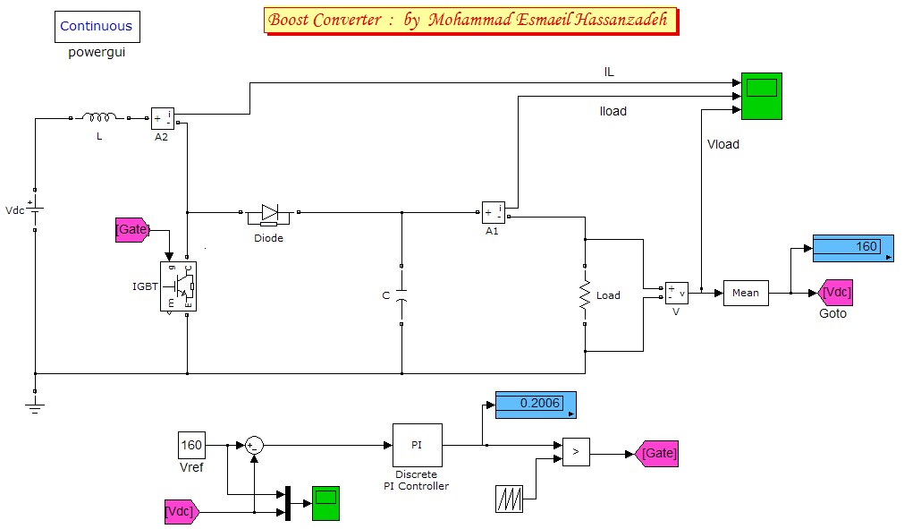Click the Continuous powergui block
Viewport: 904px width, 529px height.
[x=96, y=27]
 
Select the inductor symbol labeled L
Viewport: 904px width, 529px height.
[x=99, y=118]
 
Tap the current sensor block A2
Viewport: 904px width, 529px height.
[x=162, y=117]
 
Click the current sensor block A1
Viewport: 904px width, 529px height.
[x=493, y=212]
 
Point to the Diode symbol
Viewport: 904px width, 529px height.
[x=269, y=213]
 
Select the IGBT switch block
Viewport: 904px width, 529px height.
[x=178, y=286]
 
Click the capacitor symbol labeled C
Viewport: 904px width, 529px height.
[x=401, y=294]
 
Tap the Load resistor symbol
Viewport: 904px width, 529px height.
[x=584, y=295]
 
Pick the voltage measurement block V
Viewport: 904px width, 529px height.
[x=676, y=293]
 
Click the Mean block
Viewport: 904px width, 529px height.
[x=745, y=293]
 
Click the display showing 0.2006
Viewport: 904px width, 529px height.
[x=536, y=404]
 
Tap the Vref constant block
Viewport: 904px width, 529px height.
[x=192, y=445]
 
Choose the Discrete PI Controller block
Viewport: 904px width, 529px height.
[x=417, y=445]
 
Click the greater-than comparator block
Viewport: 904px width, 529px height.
[x=575, y=453]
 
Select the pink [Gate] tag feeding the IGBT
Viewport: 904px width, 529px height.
[x=132, y=230]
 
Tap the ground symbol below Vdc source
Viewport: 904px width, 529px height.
[x=35, y=408]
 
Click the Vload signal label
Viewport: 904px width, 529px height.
[x=722, y=144]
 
